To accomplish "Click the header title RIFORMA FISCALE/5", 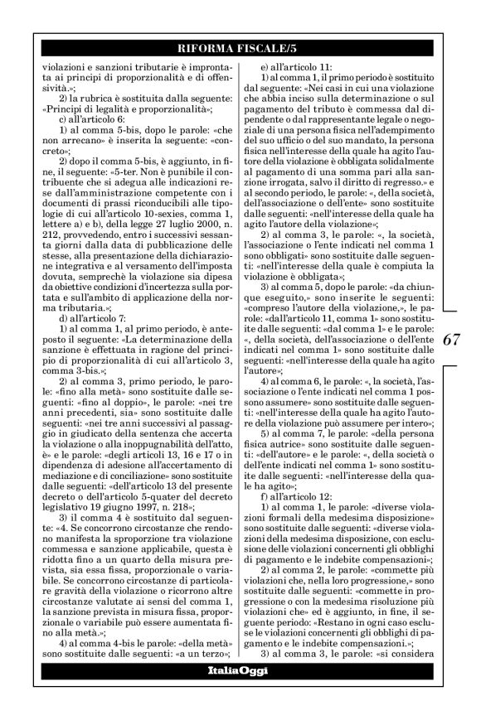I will click(x=240, y=51).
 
